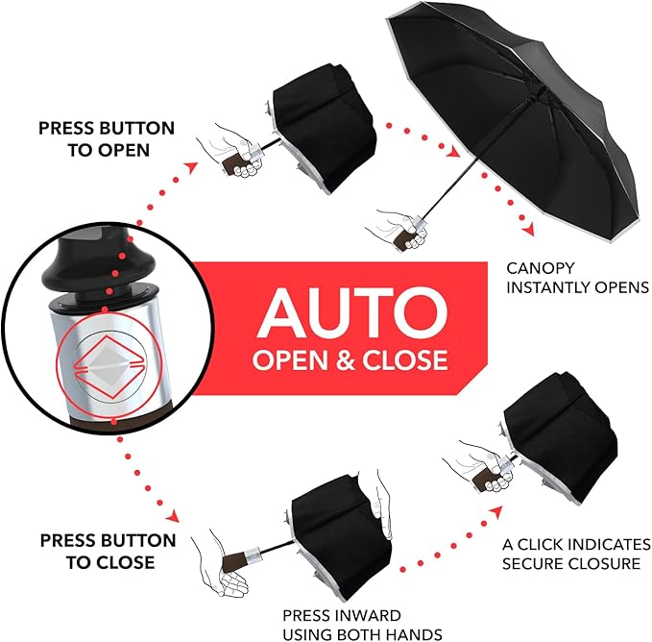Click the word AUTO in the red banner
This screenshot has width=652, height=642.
click(x=350, y=310)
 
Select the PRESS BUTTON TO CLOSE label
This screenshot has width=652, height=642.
click(x=108, y=551)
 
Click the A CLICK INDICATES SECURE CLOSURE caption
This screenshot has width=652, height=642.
click(x=575, y=554)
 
